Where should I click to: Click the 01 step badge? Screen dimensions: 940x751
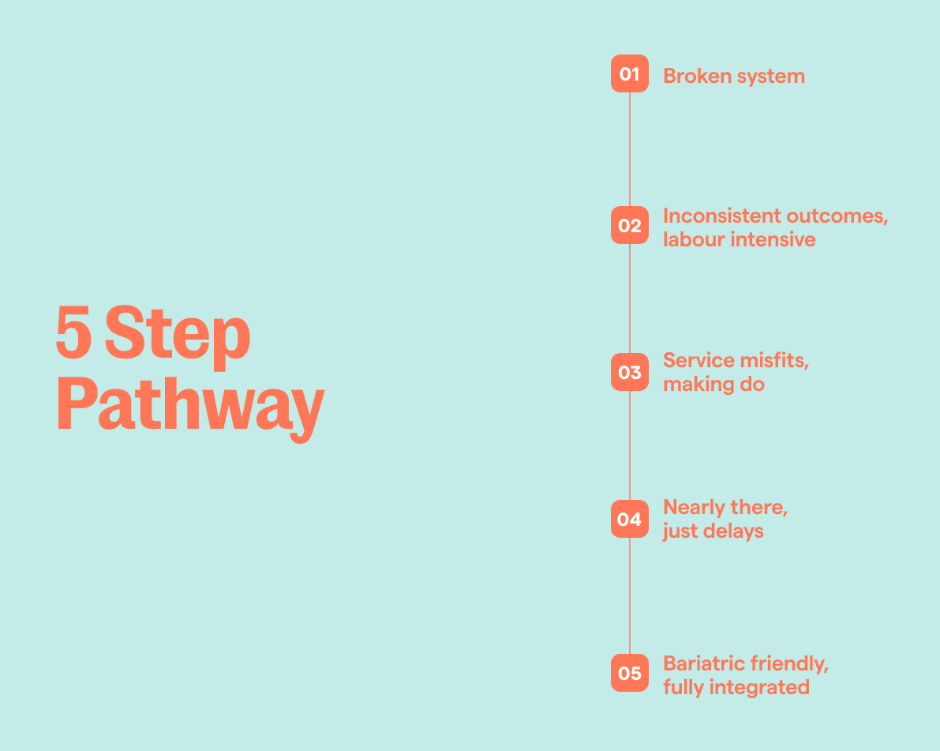click(629, 74)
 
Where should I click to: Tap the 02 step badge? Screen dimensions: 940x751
click(629, 226)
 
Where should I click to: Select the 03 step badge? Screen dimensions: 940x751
click(629, 372)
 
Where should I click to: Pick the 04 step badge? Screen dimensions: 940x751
click(629, 519)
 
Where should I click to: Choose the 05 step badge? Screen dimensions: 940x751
click(629, 673)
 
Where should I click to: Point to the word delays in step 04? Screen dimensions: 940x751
click(734, 531)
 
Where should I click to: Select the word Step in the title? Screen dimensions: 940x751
click(178, 336)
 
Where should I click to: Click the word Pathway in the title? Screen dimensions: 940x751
click(190, 404)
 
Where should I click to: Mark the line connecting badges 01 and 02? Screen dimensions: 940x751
click(630, 149)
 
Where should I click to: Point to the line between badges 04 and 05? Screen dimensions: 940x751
click(630, 596)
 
